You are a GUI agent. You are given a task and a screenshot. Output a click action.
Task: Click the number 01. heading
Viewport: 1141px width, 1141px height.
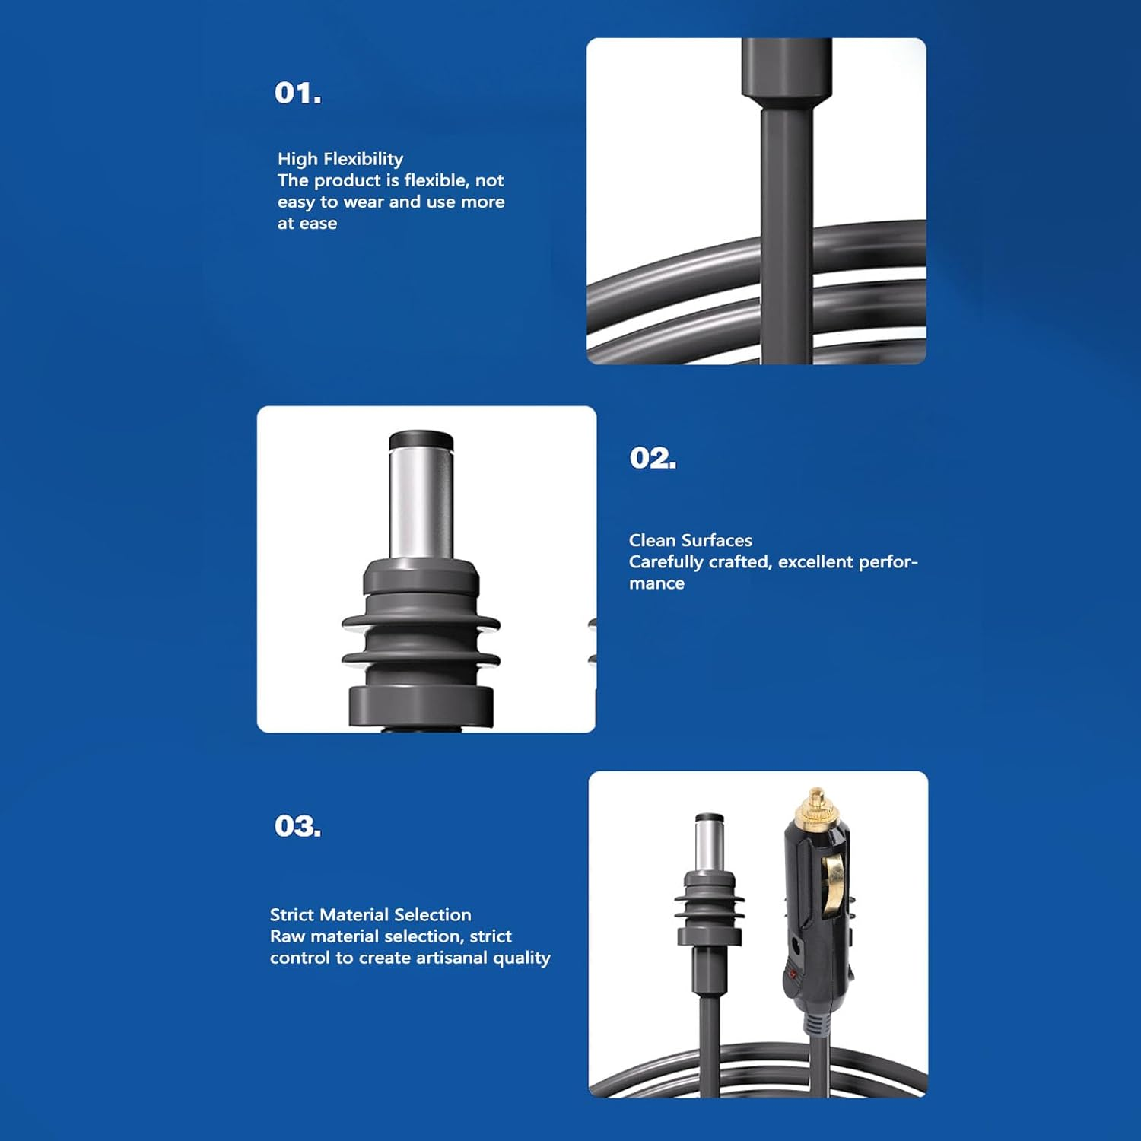tap(297, 93)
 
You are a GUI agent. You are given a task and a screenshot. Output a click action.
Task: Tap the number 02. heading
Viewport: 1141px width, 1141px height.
tap(653, 458)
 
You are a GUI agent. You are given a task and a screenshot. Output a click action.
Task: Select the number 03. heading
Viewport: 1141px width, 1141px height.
tap(297, 826)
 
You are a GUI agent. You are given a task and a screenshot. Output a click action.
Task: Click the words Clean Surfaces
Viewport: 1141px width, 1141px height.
tap(690, 540)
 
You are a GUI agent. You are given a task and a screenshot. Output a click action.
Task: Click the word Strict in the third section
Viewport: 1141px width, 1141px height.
tap(294, 914)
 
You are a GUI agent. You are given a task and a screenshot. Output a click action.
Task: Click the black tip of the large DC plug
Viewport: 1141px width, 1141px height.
tap(421, 440)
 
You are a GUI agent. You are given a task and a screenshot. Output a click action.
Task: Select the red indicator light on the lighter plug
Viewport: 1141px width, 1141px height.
tap(793, 973)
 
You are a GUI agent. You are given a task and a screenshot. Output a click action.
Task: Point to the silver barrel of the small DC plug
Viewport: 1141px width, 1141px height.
tap(709, 845)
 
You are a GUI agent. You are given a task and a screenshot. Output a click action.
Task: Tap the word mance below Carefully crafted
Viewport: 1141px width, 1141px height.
tap(656, 583)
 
